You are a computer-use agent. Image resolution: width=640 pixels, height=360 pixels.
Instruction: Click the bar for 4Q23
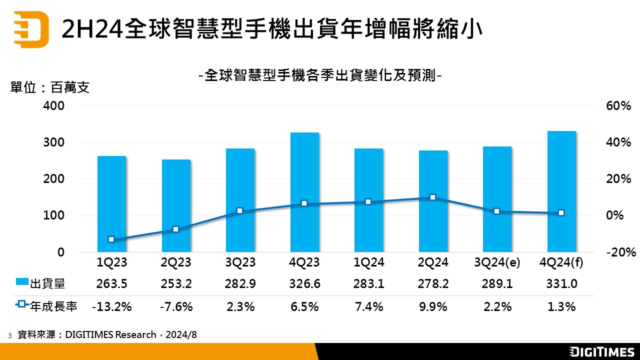coord(304,192)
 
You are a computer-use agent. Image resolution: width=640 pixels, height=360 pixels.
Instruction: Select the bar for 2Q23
coord(176,205)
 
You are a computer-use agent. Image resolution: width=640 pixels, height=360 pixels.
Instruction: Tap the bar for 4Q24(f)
coord(561,191)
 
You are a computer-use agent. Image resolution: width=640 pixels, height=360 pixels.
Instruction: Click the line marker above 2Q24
coord(433,197)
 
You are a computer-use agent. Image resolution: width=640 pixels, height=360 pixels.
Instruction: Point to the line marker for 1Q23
coord(111,239)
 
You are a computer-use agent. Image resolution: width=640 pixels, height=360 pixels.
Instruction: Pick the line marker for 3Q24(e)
coord(497,211)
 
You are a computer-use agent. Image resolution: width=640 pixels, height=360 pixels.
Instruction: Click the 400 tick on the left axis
coord(54,106)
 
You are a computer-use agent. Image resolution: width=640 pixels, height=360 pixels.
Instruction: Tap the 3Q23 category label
coord(240,262)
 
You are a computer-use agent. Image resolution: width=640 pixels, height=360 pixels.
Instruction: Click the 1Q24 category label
coord(369,262)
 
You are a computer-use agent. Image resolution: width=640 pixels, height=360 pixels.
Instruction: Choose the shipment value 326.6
coord(304,284)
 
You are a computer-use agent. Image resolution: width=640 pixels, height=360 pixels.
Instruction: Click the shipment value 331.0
coord(561,284)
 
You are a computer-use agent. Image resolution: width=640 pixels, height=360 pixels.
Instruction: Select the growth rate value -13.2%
coord(111,306)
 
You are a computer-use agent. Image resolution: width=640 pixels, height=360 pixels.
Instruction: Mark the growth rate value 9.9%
coord(433,306)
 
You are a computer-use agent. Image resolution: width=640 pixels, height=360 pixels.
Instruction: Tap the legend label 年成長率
coord(54,306)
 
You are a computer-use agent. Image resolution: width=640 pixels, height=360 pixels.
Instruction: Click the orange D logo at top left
coord(31,29)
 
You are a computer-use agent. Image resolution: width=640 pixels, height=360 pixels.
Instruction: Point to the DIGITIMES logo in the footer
coord(602,351)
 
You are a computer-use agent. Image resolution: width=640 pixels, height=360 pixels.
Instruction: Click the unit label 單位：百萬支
coord(50,88)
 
